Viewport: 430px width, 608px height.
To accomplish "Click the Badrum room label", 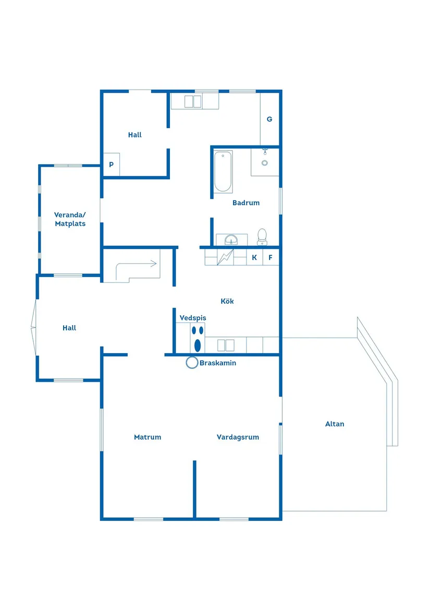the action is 245,203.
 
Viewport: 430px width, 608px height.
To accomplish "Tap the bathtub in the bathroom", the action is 223,171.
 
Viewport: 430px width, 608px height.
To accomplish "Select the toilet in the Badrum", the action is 262,237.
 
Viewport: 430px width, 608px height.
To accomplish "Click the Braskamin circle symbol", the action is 192,363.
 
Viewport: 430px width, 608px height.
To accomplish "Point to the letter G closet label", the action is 269,119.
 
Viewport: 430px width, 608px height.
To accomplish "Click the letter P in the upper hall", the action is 112,165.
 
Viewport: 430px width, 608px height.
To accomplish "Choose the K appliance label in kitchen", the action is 254,257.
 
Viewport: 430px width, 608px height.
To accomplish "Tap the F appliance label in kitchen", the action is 271,257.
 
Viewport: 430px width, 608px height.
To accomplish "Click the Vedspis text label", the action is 193,318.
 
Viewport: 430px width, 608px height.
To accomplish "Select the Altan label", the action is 335,424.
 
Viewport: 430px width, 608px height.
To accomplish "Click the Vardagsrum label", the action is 238,437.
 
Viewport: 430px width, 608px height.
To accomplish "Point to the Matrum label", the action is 148,437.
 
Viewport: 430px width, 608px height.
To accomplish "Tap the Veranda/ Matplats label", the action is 70,219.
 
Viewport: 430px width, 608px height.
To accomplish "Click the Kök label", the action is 227,301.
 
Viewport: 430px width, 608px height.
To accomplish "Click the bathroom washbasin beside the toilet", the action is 231,239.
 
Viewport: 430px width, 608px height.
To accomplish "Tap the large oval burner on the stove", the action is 198,345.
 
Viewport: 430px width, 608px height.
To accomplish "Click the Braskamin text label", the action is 218,363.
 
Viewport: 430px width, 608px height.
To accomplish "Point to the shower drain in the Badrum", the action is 265,163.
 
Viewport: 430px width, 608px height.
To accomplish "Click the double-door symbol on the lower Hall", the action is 33,328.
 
